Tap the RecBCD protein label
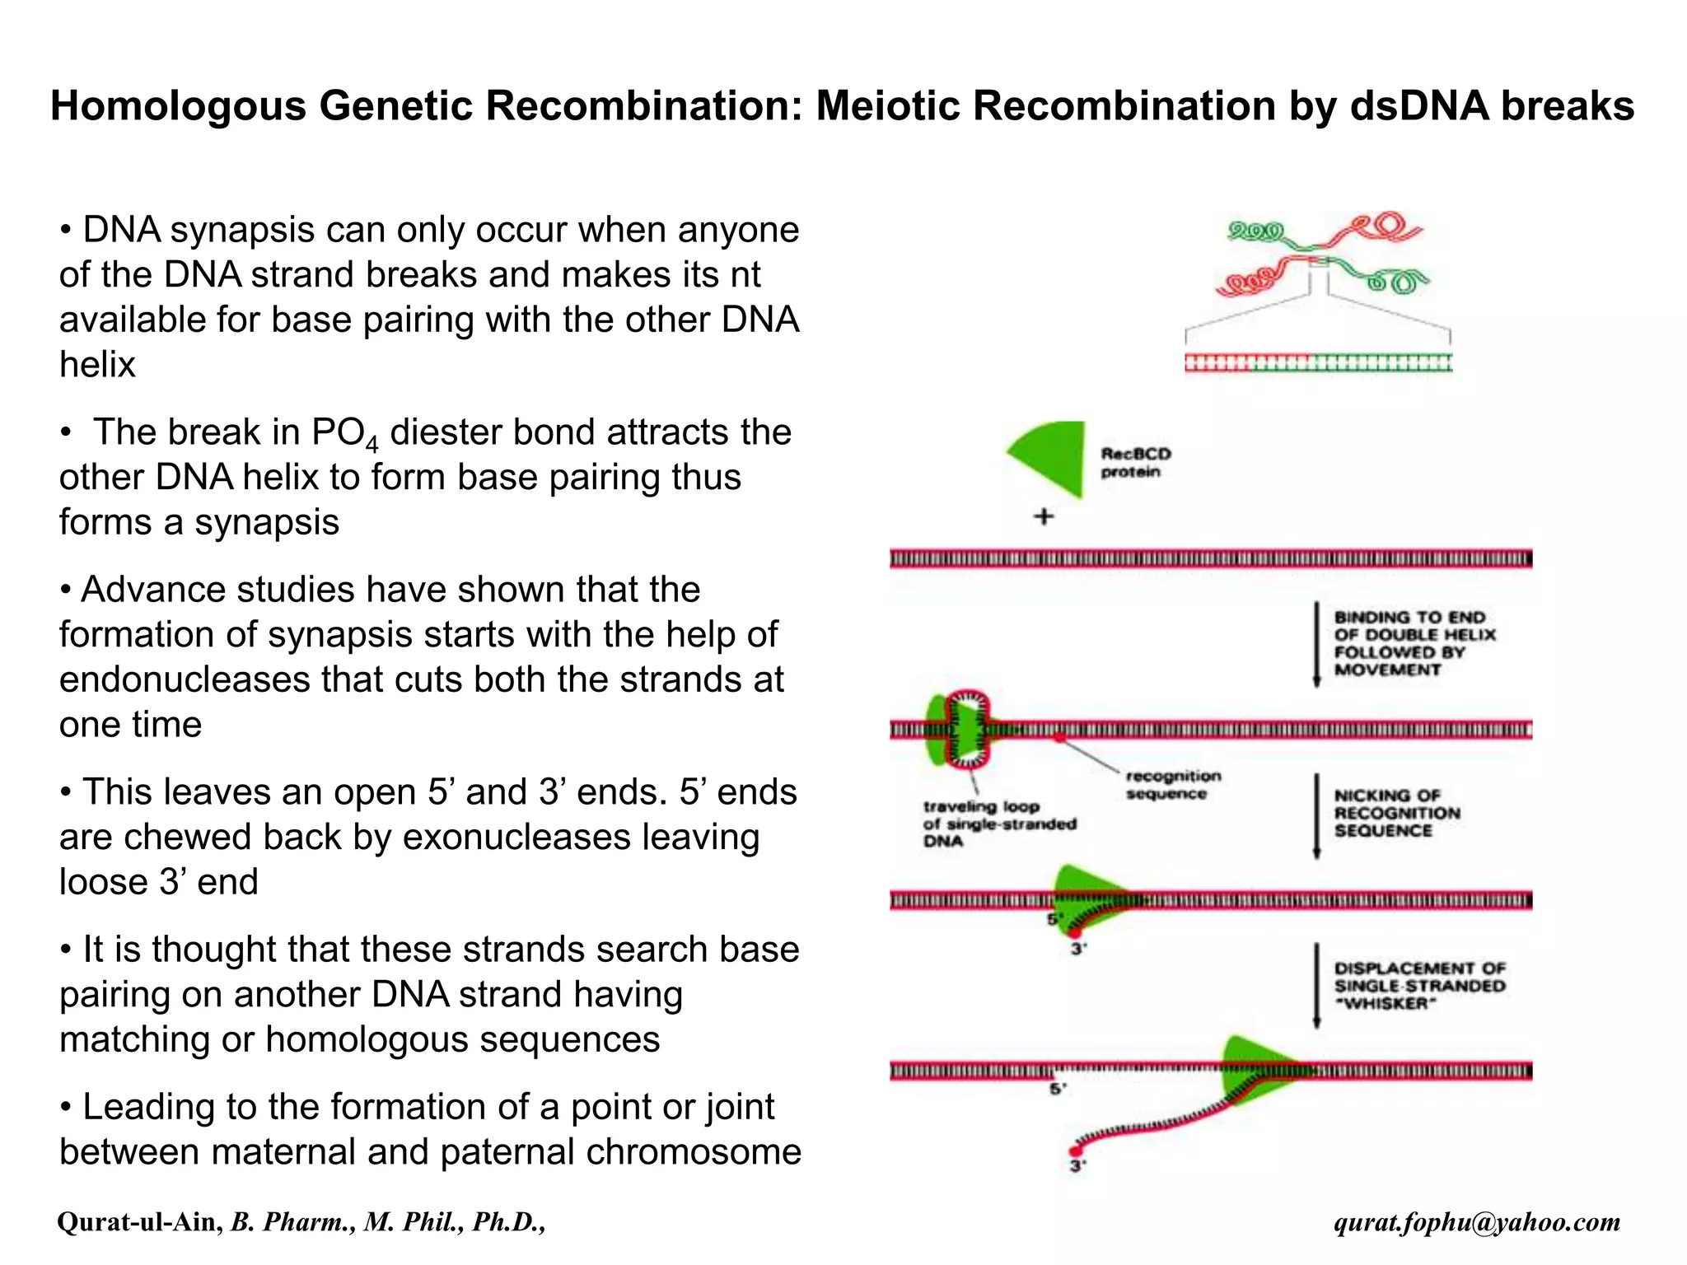coord(1135,463)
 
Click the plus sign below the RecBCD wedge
coord(1044,517)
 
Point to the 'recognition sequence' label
coord(1172,785)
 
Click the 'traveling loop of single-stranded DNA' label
coord(998,824)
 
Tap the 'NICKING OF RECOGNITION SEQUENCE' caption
coord(1396,813)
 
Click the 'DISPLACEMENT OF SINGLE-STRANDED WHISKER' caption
coord(1419,986)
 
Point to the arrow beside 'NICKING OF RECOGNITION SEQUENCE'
coord(1316,815)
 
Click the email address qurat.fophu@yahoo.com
coord(1477,1222)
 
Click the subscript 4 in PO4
coord(372,446)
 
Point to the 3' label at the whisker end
coord(1077,1165)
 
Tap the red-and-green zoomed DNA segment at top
coord(1318,363)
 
